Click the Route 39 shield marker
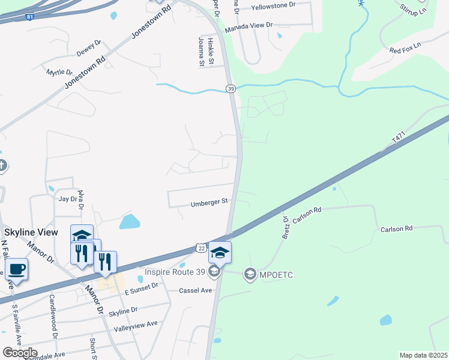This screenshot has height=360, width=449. pos(231,89)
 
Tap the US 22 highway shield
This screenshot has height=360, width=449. pos(200,248)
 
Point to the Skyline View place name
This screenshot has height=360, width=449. pos(31,232)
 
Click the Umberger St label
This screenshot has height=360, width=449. pos(210,202)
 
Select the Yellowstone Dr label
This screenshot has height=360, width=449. pos(274,5)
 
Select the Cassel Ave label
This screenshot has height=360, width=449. pos(196,290)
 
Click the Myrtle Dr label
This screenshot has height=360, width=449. pos(59,72)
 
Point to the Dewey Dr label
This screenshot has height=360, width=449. pos(88,44)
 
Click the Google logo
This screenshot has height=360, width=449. pos(20,353)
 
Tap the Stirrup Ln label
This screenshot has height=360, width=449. pos(415,8)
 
